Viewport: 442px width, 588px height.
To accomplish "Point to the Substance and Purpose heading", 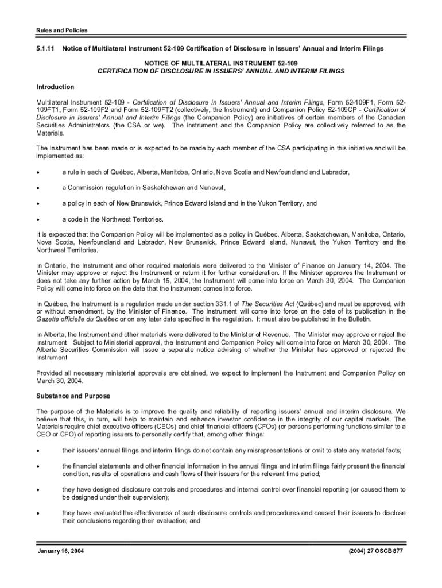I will [73, 396].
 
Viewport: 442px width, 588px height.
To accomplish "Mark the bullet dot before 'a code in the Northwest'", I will [38, 219].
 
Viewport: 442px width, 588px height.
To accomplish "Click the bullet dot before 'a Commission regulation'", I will [38, 188].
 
